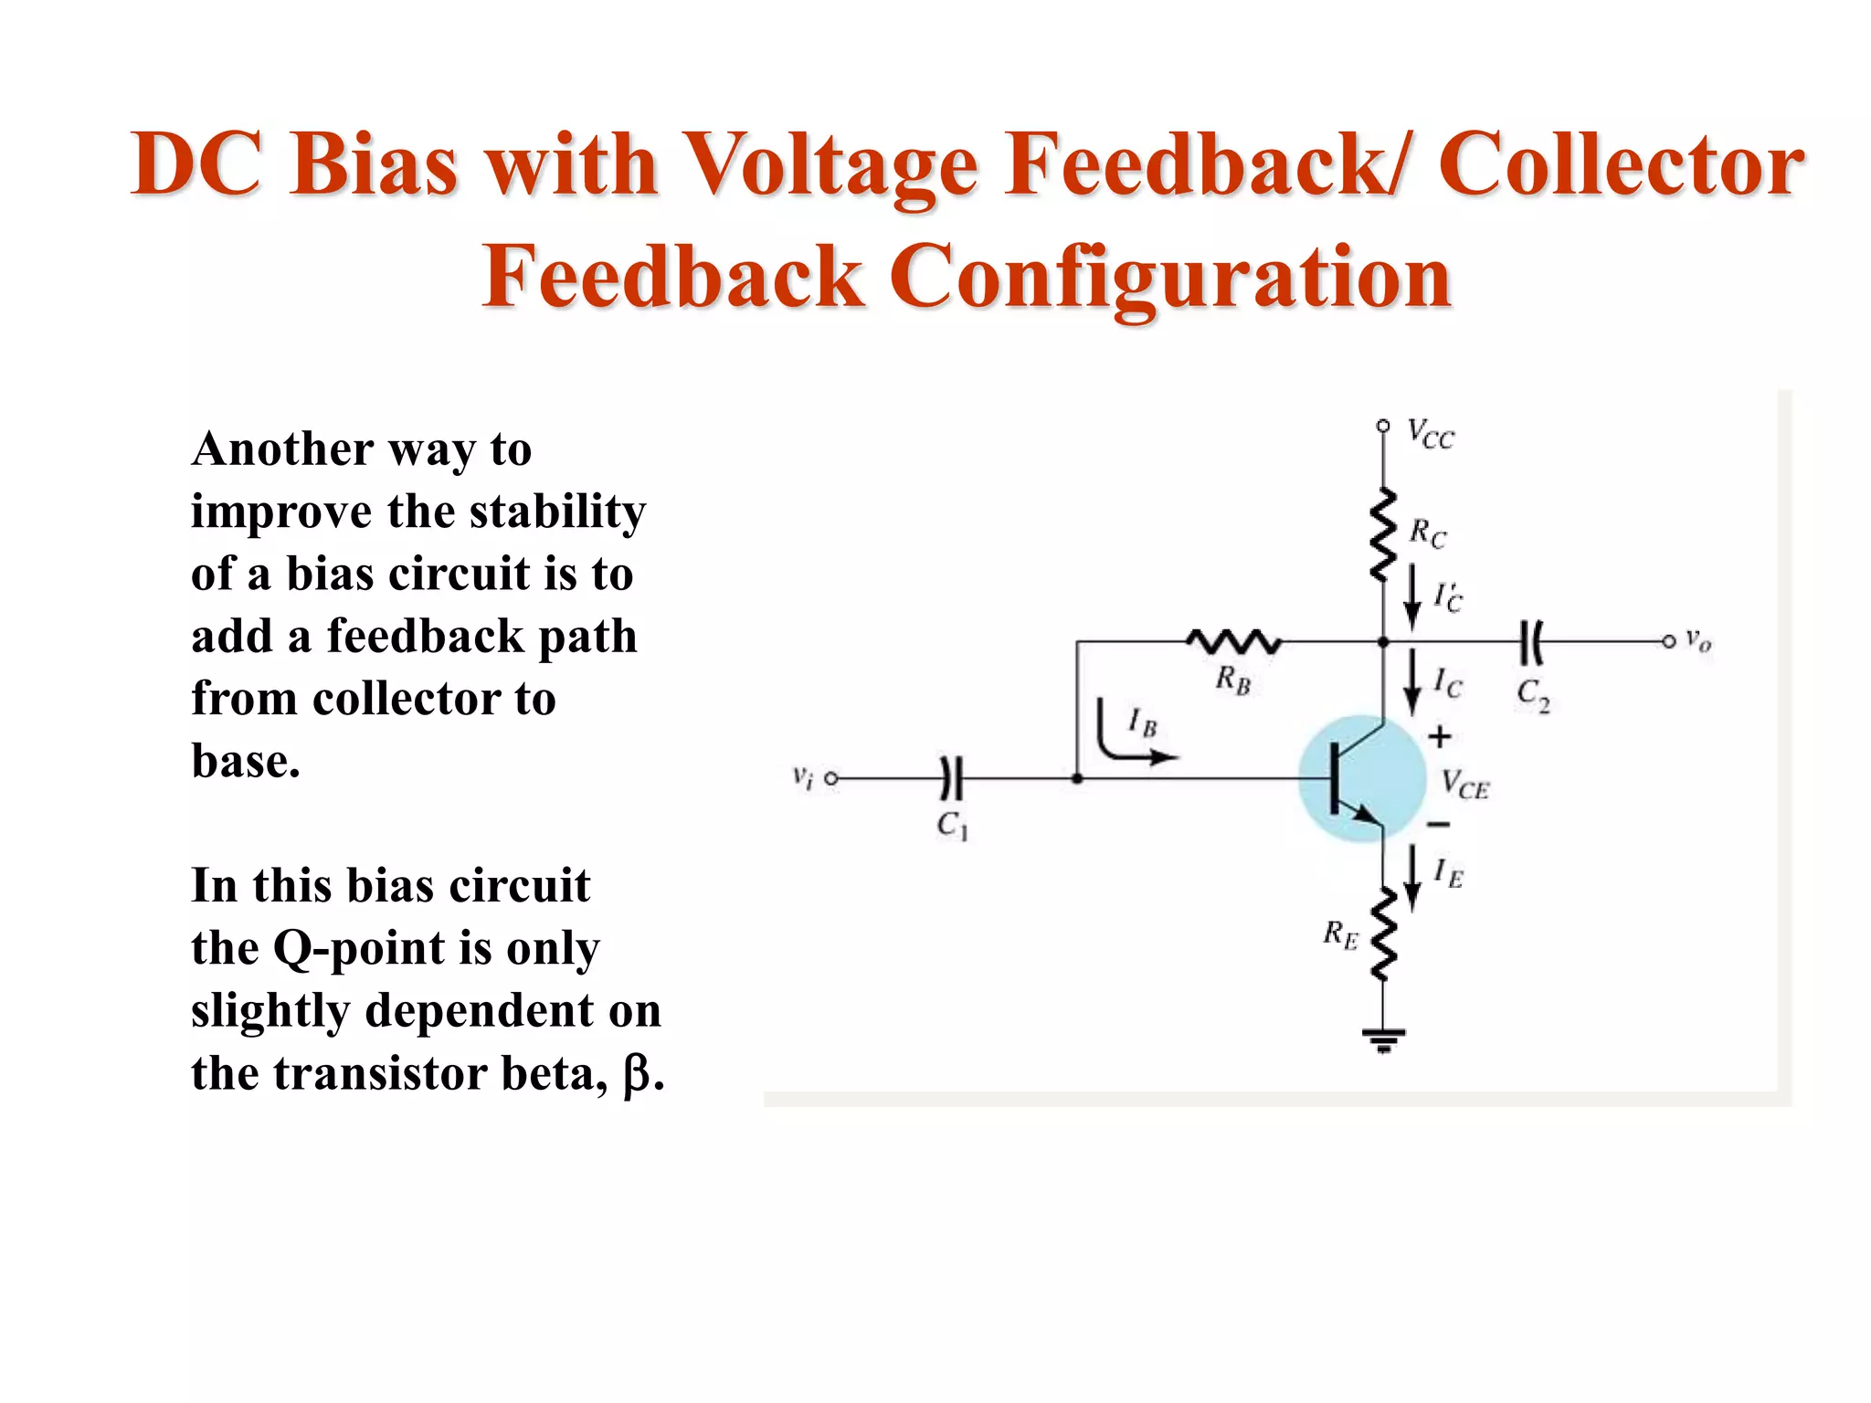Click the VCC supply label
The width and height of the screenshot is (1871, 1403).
coord(1430,435)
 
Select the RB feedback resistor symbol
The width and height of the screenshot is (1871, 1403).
coord(1234,642)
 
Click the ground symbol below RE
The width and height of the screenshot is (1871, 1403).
coord(1383,1039)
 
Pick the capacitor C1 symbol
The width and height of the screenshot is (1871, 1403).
coord(952,779)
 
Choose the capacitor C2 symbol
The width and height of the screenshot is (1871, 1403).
coord(1531,642)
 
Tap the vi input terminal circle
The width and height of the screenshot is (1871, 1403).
coord(831,779)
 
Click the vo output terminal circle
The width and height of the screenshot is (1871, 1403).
coord(1668,642)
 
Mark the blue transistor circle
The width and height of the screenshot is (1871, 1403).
coord(1361,779)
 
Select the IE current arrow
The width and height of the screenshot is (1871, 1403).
coord(1412,878)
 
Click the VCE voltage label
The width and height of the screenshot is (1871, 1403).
coord(1464,785)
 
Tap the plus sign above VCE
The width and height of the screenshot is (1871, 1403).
coord(1440,736)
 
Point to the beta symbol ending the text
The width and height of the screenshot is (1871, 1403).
coord(637,1075)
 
